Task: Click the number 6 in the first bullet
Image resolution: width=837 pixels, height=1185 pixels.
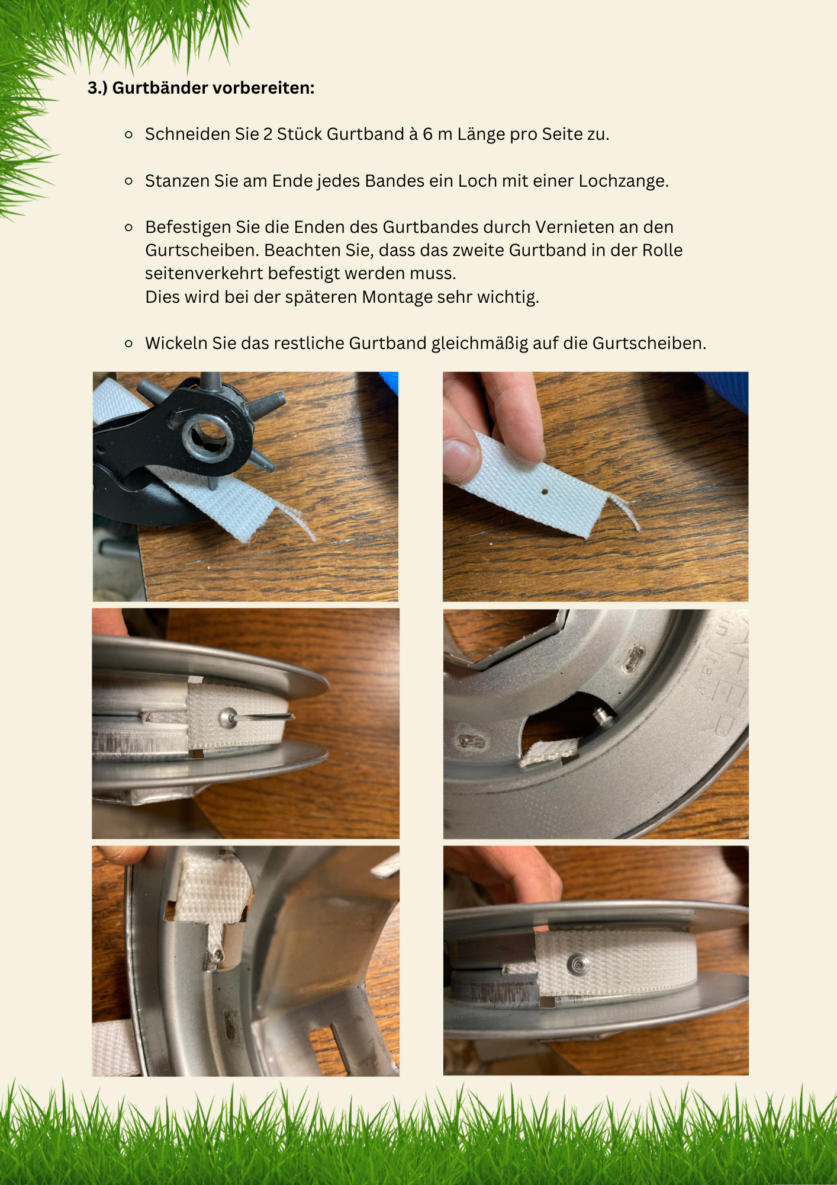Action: click(427, 134)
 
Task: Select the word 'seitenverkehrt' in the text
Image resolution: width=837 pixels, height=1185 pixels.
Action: click(204, 274)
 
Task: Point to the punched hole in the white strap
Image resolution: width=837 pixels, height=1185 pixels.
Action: click(545, 491)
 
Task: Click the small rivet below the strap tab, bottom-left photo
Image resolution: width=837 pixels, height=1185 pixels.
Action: click(219, 954)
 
